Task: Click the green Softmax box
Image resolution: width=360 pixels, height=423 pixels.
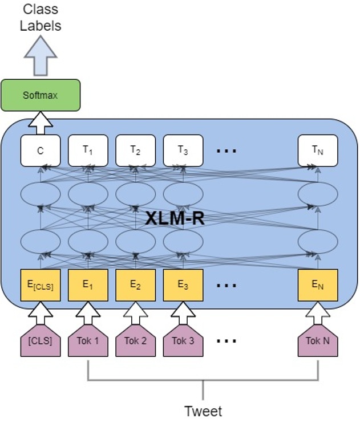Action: (41, 95)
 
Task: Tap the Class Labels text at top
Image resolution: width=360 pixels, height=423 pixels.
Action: (41, 18)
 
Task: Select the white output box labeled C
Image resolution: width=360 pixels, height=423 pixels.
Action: (41, 151)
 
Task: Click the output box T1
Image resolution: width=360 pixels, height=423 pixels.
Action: (88, 151)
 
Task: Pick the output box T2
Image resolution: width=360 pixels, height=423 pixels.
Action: (135, 151)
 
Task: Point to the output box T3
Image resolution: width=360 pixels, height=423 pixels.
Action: (183, 151)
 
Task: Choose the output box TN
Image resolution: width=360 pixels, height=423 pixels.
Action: (318, 151)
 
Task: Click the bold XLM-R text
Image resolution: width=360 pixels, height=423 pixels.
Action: (175, 218)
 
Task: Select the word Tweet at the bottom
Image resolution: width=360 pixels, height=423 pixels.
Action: (203, 410)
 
